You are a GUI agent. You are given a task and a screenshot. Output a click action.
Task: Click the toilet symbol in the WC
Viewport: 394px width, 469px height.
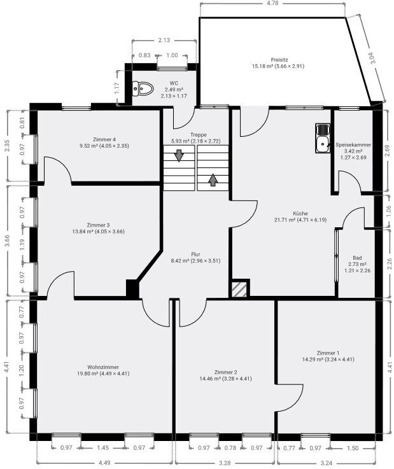tap(143, 89)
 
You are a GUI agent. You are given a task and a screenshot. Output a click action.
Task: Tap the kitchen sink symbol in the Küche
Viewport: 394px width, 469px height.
tap(323, 138)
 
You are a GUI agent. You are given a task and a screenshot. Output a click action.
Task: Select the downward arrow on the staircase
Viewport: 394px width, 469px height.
tap(179, 155)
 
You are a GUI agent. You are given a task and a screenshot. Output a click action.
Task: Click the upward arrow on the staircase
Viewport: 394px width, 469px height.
tap(213, 179)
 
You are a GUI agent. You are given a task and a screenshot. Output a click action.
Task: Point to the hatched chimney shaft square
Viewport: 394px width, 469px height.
tap(239, 290)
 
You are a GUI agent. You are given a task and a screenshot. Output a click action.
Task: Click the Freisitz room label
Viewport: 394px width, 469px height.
tap(279, 60)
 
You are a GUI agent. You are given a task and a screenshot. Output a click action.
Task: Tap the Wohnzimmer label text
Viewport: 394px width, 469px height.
tap(103, 367)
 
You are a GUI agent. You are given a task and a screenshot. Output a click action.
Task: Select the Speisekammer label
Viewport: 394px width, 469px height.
tap(353, 144)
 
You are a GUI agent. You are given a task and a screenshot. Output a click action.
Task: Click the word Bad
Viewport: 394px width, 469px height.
tap(357, 258)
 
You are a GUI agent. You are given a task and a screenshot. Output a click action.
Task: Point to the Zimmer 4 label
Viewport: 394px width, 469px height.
tap(104, 139)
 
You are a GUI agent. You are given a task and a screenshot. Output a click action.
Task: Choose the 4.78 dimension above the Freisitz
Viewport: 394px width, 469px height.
tap(272, 3)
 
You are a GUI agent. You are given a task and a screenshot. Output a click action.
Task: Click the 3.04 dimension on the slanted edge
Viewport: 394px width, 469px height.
tap(372, 58)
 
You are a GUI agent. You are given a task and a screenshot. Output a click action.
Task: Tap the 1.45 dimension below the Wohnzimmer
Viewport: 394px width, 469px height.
tap(103, 448)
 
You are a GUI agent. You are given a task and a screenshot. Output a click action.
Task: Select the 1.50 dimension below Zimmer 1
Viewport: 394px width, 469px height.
tap(353, 448)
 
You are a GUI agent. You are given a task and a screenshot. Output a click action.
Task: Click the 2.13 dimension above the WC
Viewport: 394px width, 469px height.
tap(164, 40)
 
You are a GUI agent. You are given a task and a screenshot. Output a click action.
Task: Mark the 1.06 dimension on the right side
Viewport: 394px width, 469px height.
tap(389, 211)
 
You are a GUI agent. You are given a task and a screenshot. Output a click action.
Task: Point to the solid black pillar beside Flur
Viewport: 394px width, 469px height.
tap(132, 289)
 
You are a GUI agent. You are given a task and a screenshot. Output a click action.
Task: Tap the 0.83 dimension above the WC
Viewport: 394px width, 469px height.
tap(144, 55)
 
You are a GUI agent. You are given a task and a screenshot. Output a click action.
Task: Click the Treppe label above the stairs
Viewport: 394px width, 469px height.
tap(199, 135)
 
